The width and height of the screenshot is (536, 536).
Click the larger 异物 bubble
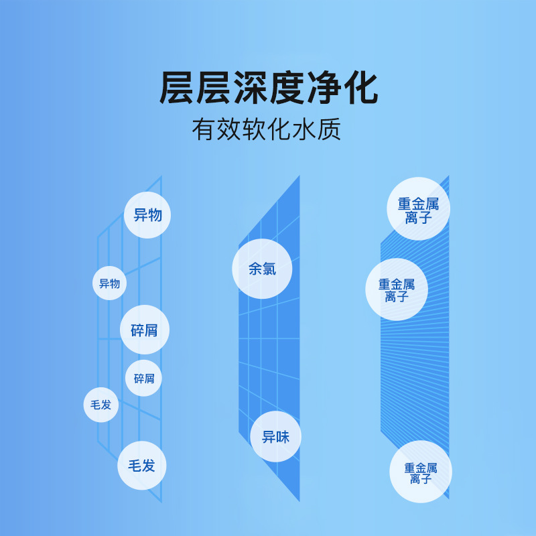click(147, 215)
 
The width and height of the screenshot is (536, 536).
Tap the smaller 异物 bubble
click(109, 283)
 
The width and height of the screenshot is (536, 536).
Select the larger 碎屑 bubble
click(145, 330)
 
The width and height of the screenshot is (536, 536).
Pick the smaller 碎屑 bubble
click(143, 379)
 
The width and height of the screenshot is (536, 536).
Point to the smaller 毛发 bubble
click(101, 405)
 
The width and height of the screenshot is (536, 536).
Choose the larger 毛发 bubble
click(141, 466)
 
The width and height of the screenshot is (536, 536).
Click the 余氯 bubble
click(262, 269)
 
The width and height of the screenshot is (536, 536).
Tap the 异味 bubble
click(275, 437)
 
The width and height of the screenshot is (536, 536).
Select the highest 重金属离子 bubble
click(419, 209)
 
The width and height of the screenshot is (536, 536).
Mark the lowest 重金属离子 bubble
click(421, 472)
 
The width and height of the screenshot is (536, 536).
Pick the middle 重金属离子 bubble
click(397, 289)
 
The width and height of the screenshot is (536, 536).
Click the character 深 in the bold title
click(251, 88)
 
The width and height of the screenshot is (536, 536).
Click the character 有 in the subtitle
click(204, 129)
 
